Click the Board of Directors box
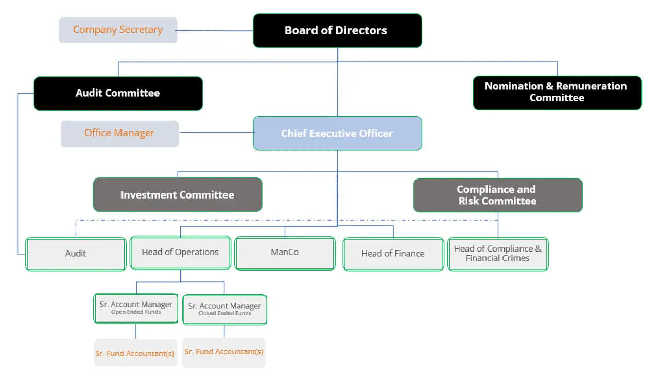[x=337, y=31]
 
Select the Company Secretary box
[x=118, y=30]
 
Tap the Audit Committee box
[x=118, y=94]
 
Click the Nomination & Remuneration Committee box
[x=557, y=93]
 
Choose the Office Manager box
[x=119, y=134]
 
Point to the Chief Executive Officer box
[x=337, y=134]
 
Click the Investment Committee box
[x=178, y=195]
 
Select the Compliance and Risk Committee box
[x=498, y=195]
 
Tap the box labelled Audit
[x=76, y=254]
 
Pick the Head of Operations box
[x=180, y=253]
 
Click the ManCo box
[x=285, y=253]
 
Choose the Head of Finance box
[x=393, y=254]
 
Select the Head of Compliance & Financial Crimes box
[x=498, y=254]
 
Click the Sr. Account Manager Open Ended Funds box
[x=136, y=308]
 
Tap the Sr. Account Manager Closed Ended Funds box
[x=224, y=309]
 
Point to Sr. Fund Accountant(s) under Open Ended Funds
[x=135, y=354]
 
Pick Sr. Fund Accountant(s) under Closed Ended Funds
[x=224, y=352]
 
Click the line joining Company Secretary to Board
[x=215, y=31]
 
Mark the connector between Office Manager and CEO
[x=216, y=133]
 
